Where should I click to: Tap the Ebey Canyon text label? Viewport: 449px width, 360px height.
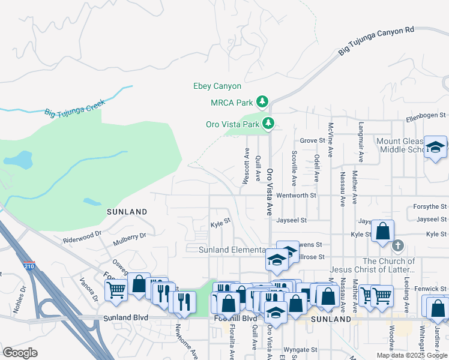pyautogui.click(x=217, y=86)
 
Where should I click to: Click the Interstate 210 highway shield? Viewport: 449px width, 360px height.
pyautogui.click(x=30, y=265)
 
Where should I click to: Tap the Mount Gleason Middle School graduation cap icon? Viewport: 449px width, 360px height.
pyautogui.click(x=435, y=147)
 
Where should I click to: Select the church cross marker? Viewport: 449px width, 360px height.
pyautogui.click(x=397, y=245)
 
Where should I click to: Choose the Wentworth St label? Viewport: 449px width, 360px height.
pyautogui.click(x=296, y=196)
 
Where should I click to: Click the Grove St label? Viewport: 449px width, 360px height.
pyautogui.click(x=312, y=140)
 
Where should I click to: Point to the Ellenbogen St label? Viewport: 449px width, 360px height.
pyautogui.click(x=426, y=115)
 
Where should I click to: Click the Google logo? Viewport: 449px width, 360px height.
pyautogui.click(x=20, y=353)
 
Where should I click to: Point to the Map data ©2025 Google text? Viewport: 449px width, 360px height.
pyautogui.click(x=411, y=355)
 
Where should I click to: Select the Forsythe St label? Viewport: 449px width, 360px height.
pyautogui.click(x=430, y=206)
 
